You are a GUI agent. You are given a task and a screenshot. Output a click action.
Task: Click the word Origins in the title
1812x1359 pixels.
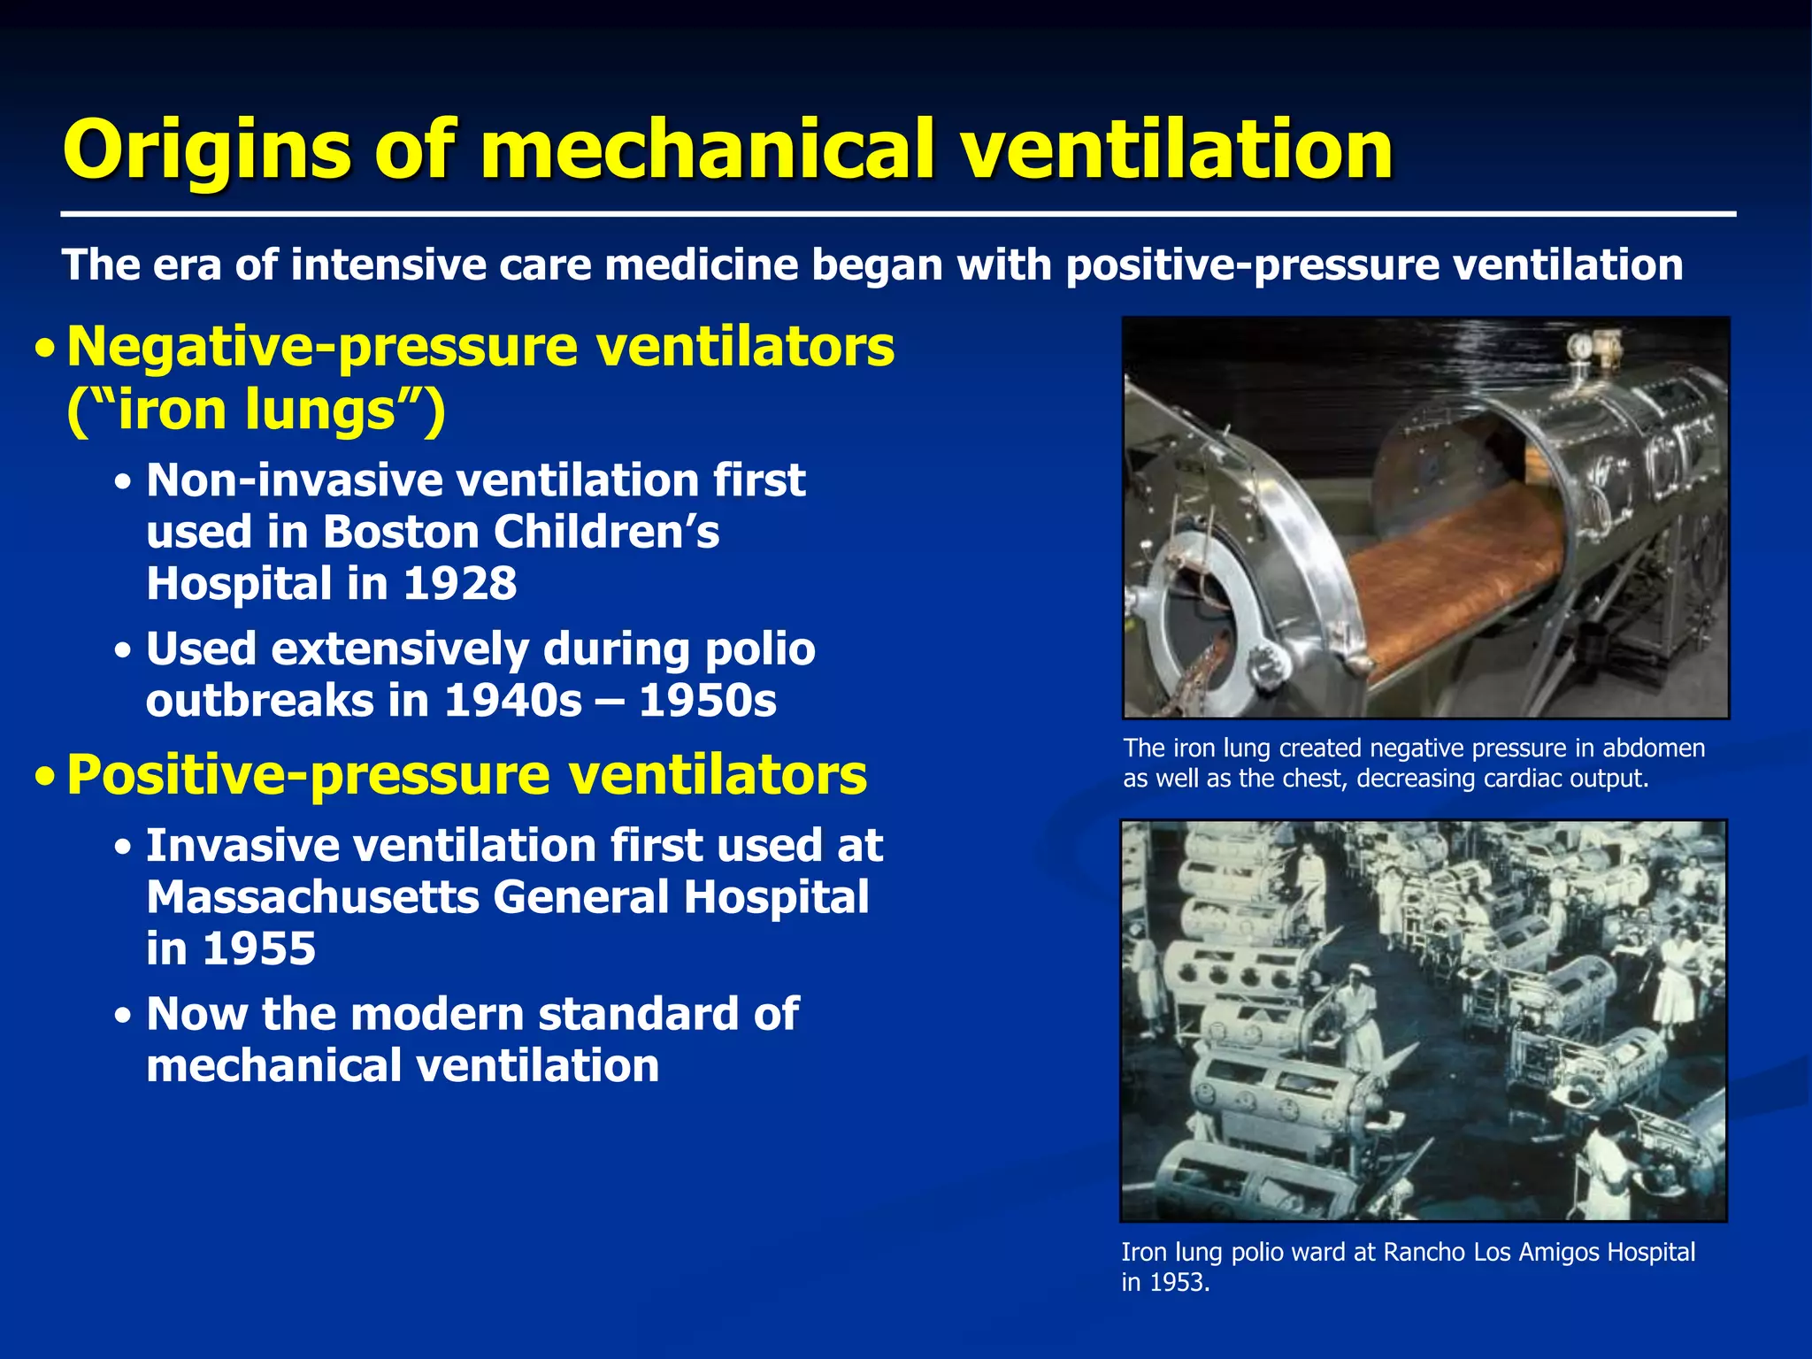click(208, 150)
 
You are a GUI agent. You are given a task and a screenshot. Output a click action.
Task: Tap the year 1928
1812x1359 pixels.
click(460, 584)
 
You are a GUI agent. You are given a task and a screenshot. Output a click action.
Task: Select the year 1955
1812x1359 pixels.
click(257, 949)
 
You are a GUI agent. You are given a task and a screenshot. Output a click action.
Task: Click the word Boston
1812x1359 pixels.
click(401, 533)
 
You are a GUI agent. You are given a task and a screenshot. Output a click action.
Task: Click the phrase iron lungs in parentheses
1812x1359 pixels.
click(256, 411)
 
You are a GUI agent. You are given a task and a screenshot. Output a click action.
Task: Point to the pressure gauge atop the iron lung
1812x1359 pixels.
click(1578, 347)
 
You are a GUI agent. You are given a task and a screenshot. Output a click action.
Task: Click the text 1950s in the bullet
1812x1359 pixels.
click(707, 702)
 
